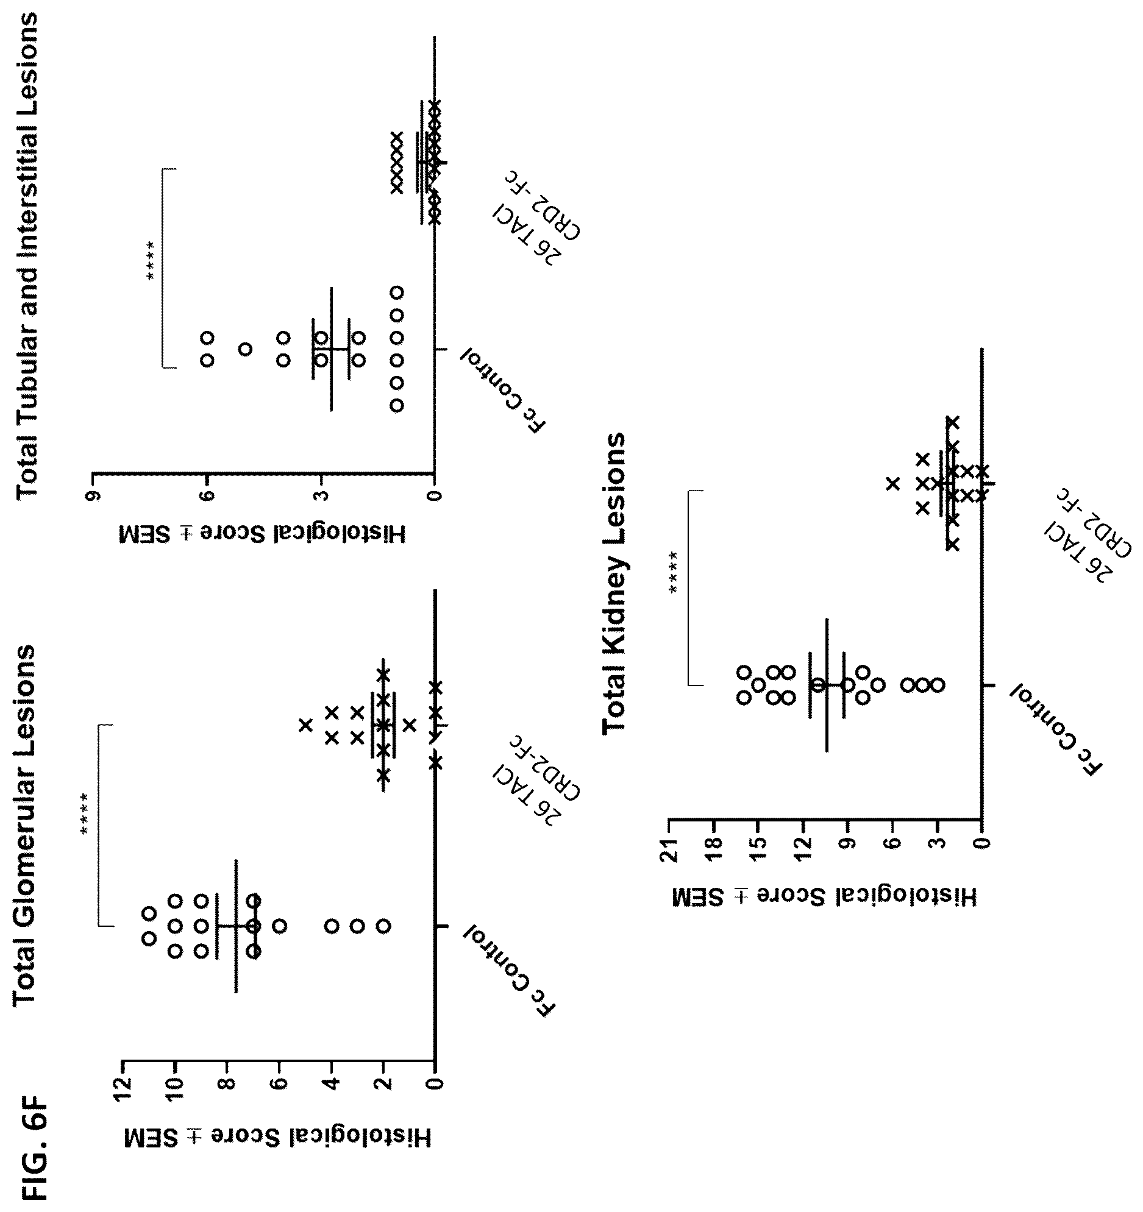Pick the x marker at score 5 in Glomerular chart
(305, 725)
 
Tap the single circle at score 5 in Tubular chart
(245, 349)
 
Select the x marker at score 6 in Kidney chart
(892, 483)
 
